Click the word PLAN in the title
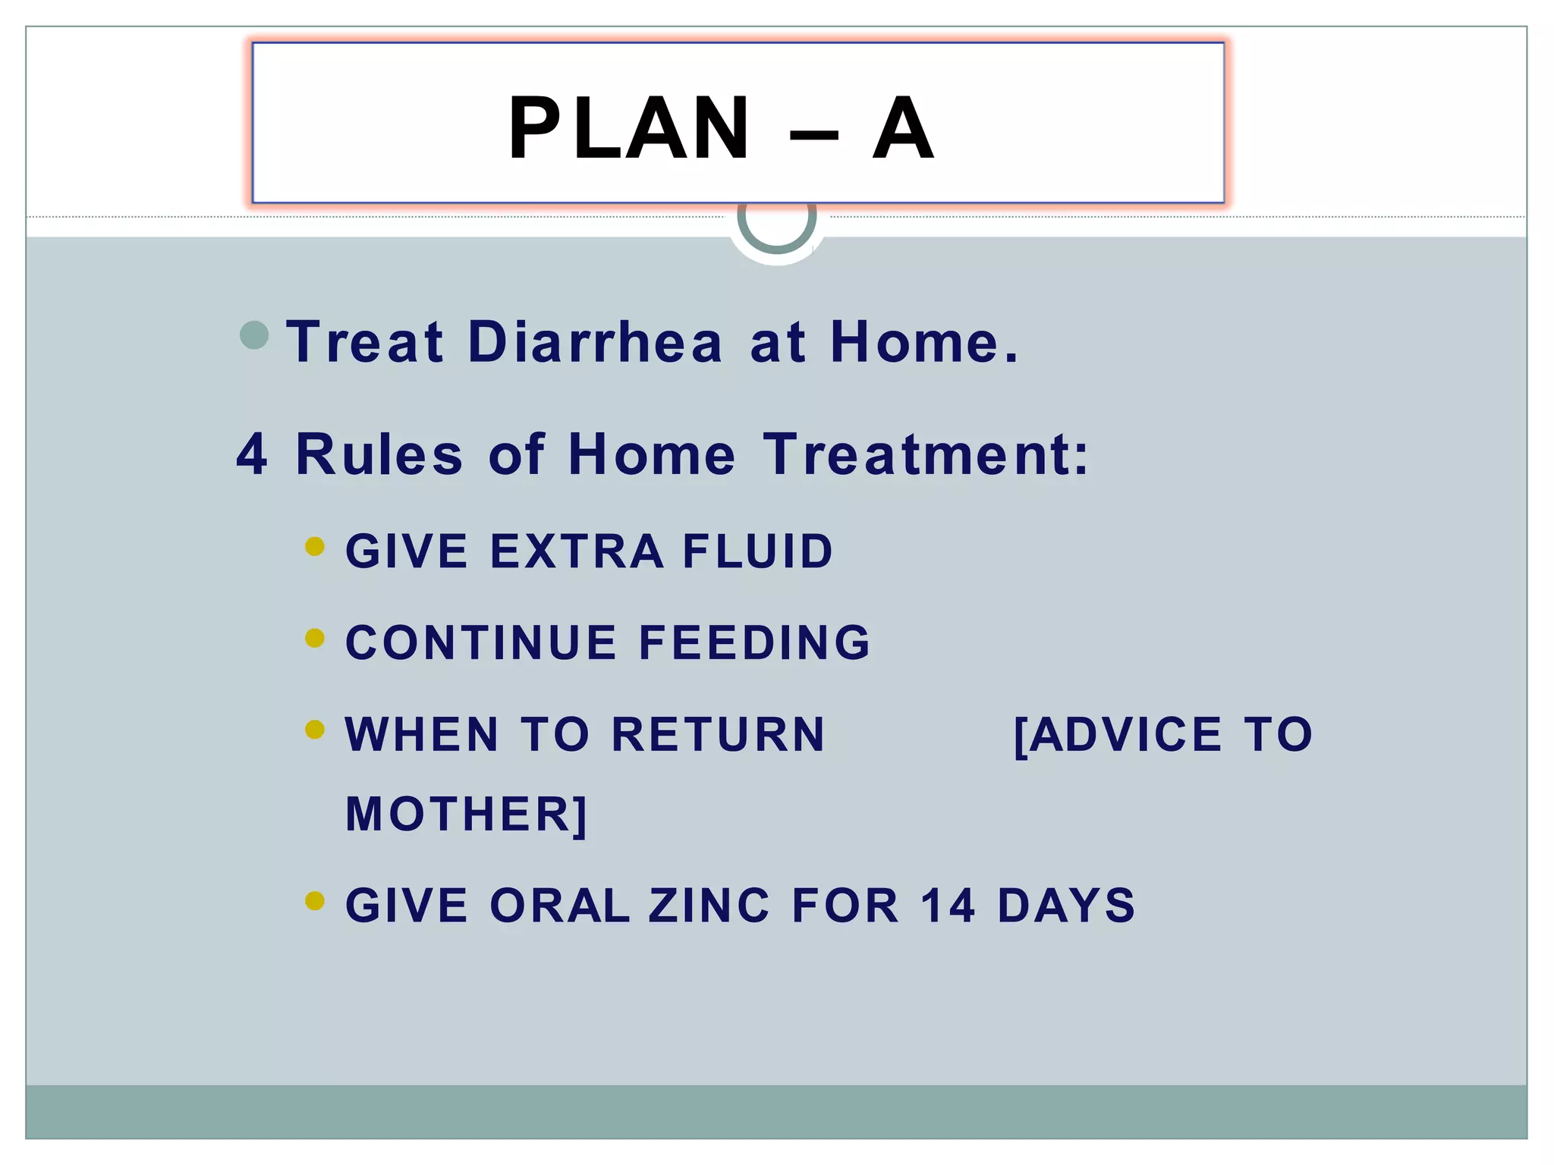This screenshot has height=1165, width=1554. click(629, 128)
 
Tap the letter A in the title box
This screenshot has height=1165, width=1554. click(902, 128)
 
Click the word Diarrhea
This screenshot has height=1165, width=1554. click(595, 342)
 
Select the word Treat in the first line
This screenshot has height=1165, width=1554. click(365, 342)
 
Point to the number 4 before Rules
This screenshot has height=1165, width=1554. click(252, 454)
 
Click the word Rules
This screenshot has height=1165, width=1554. click(379, 454)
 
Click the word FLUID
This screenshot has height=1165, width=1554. click(757, 551)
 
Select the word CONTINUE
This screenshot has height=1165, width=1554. click(480, 642)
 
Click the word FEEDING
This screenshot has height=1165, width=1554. click(754, 642)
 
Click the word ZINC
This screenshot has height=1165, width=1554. click(709, 906)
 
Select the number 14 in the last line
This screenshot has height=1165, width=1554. click(948, 906)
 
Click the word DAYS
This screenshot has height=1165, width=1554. click(1066, 906)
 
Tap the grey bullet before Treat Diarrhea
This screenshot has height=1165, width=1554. click(254, 335)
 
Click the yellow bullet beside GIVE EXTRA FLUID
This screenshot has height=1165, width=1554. click(314, 546)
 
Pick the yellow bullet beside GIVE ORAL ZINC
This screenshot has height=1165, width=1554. click(314, 901)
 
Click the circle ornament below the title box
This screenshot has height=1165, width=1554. click(776, 224)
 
